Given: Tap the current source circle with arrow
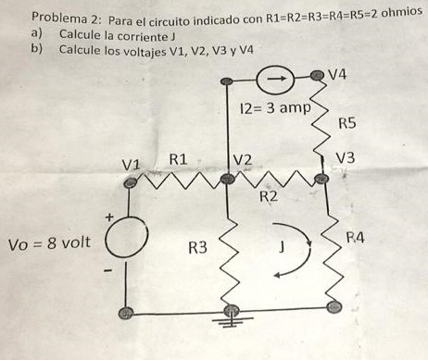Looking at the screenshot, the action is [277, 81].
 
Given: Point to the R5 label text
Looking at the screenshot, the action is [347, 122].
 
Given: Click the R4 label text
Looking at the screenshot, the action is [356, 238].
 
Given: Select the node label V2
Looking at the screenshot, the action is [243, 159].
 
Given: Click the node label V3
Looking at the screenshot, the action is [346, 158].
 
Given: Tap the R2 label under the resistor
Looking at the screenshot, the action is [269, 196].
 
